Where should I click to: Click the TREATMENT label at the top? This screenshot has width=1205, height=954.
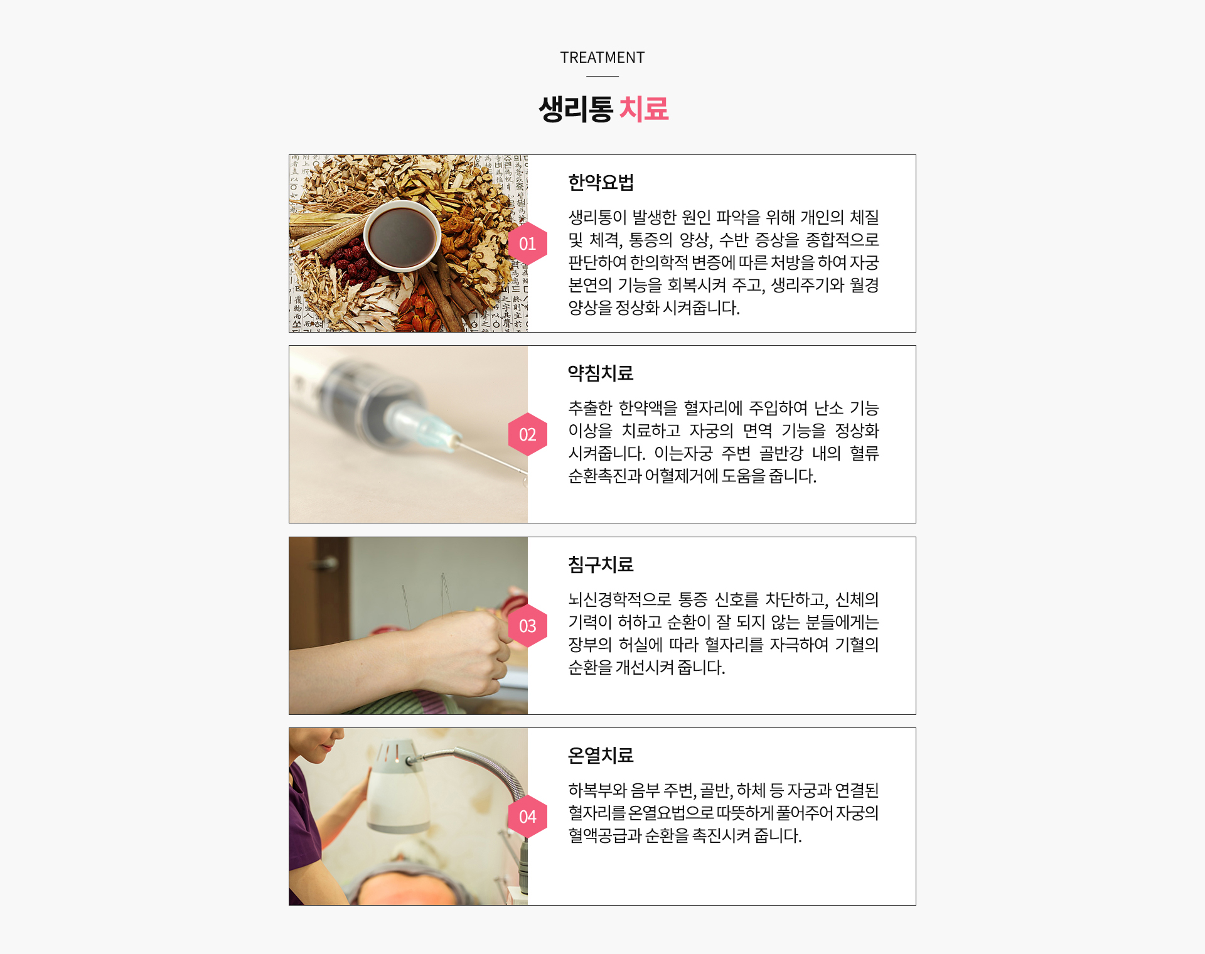pos(602,58)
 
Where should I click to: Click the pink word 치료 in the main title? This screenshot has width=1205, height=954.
pos(644,109)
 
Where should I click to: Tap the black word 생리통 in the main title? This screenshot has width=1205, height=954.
pos(576,109)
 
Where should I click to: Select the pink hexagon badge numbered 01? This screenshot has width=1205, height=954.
pos(528,244)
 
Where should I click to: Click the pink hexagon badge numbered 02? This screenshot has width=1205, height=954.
pos(528,434)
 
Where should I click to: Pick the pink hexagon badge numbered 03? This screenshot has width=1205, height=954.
pos(528,626)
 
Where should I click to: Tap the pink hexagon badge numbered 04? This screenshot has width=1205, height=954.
pos(528,817)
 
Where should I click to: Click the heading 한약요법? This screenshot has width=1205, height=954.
pos(601,183)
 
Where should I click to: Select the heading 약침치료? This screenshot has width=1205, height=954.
pos(601,373)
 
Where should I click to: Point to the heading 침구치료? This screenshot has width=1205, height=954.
pos(601,565)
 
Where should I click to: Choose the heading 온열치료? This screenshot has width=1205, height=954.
pos(601,756)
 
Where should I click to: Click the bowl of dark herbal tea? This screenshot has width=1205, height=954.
pos(402,237)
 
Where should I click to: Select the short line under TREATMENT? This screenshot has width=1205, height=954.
pos(602,76)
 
